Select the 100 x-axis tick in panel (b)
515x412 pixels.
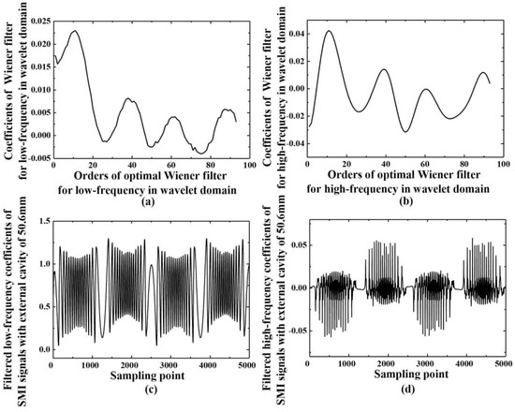tap(504, 167)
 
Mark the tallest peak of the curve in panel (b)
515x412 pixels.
tap(329, 31)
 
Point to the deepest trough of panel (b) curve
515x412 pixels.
tap(405, 131)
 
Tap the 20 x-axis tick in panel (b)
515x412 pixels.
tap(347, 167)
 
